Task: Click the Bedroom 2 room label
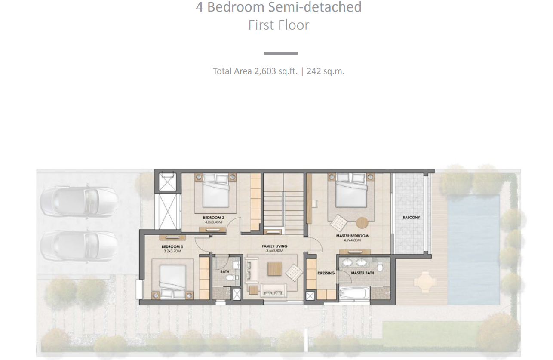click(x=214, y=218)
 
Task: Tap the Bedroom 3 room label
click(x=172, y=247)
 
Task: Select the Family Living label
click(x=274, y=246)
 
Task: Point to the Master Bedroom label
click(x=352, y=236)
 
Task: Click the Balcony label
click(x=411, y=218)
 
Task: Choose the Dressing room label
click(x=326, y=273)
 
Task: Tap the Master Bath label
click(x=363, y=273)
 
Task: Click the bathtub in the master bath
click(x=354, y=293)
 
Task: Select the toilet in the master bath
click(x=380, y=267)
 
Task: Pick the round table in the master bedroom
click(x=362, y=222)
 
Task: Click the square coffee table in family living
click(x=275, y=269)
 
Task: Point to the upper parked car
click(x=79, y=202)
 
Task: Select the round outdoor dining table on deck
click(x=425, y=281)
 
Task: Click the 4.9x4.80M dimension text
click(x=352, y=240)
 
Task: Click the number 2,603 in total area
click(x=265, y=71)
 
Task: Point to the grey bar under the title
click(x=281, y=53)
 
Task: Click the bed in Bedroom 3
click(x=173, y=282)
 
